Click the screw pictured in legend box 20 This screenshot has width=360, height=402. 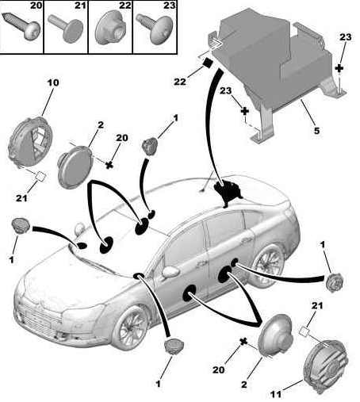tap(21, 26)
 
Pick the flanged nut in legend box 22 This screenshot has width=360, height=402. tap(110, 28)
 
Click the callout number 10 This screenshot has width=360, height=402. tap(53, 82)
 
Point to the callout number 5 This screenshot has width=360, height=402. tap(316, 130)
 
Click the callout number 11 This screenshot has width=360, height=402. tap(276, 395)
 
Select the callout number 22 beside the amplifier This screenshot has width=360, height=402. tap(180, 82)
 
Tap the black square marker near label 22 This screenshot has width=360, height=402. tap(207, 63)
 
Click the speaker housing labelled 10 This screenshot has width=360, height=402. tap(30, 143)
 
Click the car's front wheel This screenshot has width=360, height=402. tap(130, 327)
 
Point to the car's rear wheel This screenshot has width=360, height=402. tap(267, 263)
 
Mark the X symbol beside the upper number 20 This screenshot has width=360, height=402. tap(109, 165)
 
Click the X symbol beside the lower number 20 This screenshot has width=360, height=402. tap(243, 342)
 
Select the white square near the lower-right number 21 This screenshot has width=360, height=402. tap(304, 331)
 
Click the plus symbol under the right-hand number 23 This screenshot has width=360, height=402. tap(339, 68)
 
